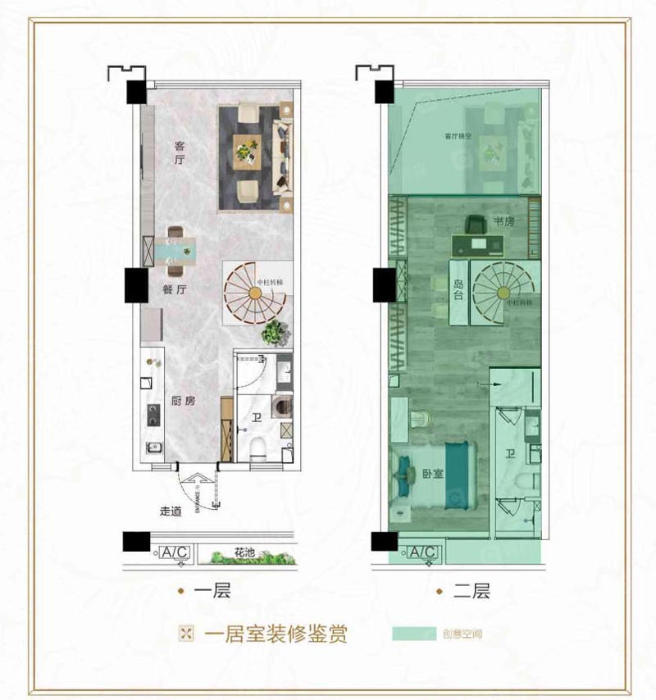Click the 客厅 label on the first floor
180,154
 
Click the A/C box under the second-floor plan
422,553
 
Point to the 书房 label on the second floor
503,222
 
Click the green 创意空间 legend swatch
413,634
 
